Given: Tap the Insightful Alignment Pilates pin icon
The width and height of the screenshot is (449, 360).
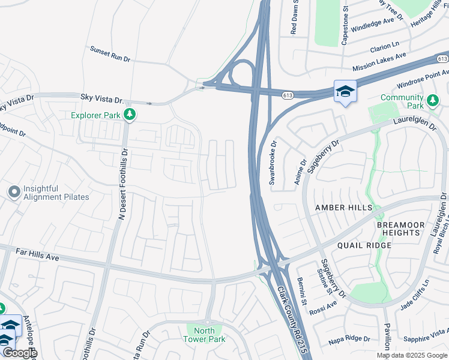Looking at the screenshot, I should [14, 192].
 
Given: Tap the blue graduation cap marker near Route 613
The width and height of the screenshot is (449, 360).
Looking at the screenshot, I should [345, 91].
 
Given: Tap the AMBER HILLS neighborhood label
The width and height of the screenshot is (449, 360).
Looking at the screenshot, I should [344, 208].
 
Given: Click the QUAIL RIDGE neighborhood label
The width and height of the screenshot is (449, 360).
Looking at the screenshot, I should [364, 245].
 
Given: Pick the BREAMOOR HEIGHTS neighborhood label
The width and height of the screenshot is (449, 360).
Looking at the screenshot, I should [398, 229].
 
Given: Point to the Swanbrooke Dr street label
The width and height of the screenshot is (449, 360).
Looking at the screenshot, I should [272, 163].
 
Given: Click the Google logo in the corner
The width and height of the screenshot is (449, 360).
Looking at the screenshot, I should [19, 353].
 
